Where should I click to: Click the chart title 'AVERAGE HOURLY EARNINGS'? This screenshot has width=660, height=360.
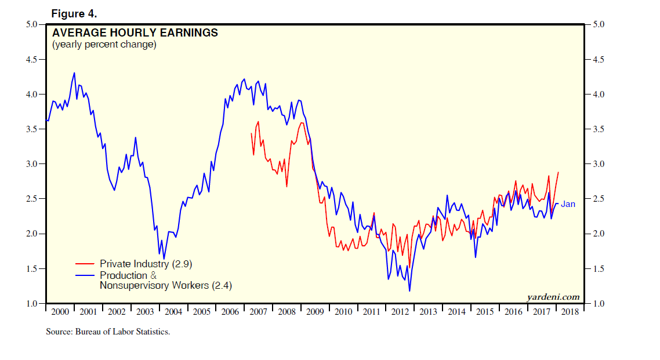point(135,33)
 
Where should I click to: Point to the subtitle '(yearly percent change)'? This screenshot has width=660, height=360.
point(104,45)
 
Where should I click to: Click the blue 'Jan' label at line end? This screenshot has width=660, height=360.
point(568,204)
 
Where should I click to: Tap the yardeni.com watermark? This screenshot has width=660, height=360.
point(553,297)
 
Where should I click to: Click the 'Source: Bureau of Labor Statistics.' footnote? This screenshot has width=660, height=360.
point(108,332)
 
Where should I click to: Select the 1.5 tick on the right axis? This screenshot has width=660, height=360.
point(597,269)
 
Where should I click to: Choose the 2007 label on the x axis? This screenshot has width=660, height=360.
point(258,312)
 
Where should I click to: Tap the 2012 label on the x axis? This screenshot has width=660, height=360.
point(400,312)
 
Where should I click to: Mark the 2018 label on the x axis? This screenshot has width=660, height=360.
point(570,312)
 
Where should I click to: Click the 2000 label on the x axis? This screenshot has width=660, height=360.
point(60,312)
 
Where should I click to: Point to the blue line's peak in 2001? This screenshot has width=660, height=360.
point(74,73)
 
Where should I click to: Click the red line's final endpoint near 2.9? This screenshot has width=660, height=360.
point(558,172)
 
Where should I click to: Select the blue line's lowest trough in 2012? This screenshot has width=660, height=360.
point(409,291)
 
